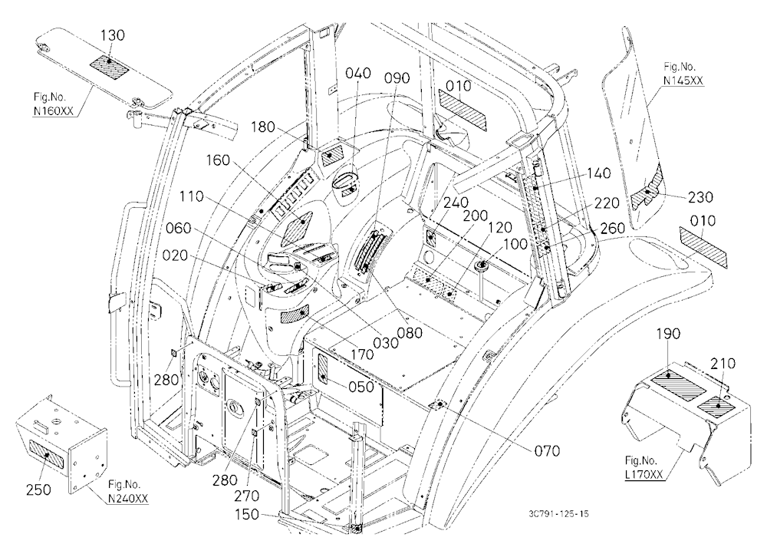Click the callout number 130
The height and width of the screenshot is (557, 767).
click(113, 35)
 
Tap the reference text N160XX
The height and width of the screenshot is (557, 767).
click(54, 111)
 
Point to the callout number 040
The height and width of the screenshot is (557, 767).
click(358, 73)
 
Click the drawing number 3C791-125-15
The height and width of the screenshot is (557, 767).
click(558, 513)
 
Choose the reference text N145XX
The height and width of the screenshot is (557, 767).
click(684, 81)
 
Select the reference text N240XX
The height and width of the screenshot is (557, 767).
click(128, 498)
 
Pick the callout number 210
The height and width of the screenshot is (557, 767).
click(723, 363)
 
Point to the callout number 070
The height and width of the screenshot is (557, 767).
click(546, 450)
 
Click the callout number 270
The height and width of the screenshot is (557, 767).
click(246, 496)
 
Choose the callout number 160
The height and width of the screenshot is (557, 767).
click(218, 160)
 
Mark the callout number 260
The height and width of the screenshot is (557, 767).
click(612, 228)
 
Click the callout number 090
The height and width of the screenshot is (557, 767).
click(397, 77)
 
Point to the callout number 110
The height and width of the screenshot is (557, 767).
click(191, 196)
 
